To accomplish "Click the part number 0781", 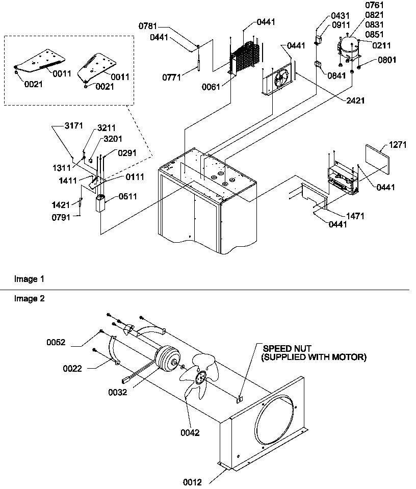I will coord(147,27).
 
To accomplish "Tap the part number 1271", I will coord(398,144).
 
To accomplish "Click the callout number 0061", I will coord(211,87).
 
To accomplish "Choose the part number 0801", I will coord(387,60).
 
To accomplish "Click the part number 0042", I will coord(189,433).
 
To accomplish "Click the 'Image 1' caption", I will coord(29,279).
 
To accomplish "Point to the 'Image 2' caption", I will coord(29,299).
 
